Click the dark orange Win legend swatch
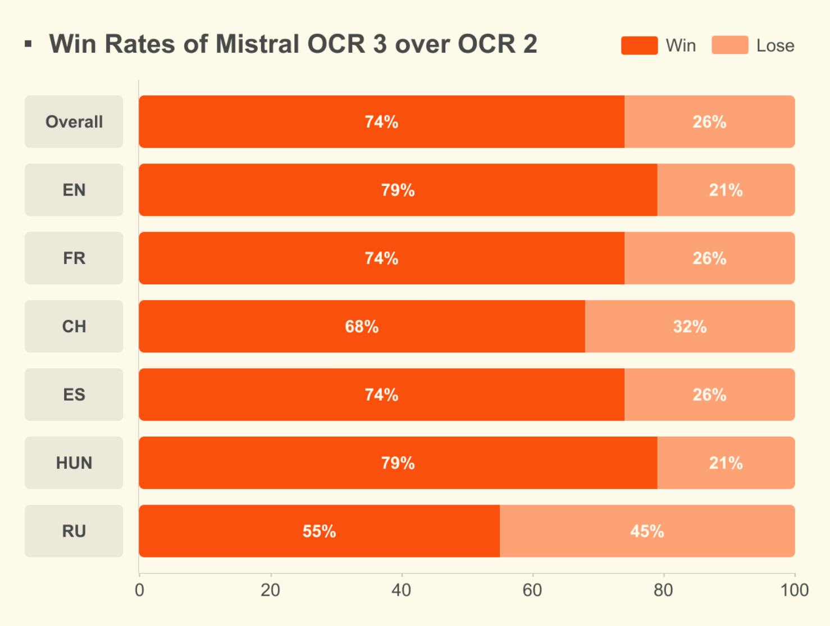(x=639, y=46)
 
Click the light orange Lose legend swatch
(x=729, y=45)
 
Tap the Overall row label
(x=74, y=122)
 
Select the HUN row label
(x=74, y=463)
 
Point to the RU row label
(x=74, y=531)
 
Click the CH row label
(x=74, y=326)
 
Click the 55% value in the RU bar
(x=319, y=531)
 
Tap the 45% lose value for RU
(x=647, y=531)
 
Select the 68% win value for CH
(x=362, y=326)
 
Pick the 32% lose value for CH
(x=690, y=326)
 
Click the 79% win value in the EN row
(x=398, y=190)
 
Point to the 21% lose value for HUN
(x=726, y=463)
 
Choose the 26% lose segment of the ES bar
(x=709, y=394)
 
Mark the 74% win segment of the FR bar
(x=381, y=258)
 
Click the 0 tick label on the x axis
(x=139, y=590)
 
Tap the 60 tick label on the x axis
(x=532, y=590)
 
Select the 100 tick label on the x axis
(x=795, y=590)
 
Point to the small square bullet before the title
(x=28, y=44)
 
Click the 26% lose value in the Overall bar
(x=709, y=122)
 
